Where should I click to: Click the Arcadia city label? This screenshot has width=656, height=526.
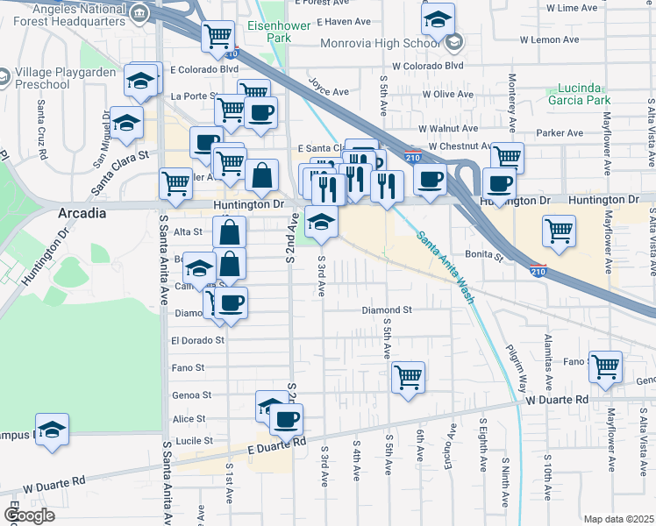[82, 213]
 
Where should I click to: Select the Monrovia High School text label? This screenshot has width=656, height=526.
[381, 43]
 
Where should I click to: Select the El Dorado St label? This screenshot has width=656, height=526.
[198, 339]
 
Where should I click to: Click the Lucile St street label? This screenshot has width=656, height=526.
[196, 441]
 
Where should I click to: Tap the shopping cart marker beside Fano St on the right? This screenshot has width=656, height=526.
[605, 366]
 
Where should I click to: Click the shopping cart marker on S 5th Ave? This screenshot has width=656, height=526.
[408, 378]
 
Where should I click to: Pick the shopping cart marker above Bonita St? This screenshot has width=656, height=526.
[560, 230]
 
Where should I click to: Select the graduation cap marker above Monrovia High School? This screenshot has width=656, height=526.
[439, 18]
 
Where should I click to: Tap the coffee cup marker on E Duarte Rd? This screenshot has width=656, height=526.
[285, 418]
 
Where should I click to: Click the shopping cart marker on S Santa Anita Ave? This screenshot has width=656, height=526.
[175, 183]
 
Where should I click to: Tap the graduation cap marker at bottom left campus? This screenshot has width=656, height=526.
[53, 430]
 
